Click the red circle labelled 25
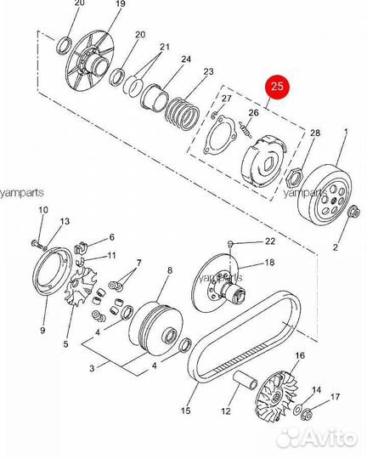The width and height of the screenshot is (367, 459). [x=277, y=86]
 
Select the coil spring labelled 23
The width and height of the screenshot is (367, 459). [x=183, y=114]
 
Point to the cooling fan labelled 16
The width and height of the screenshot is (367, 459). [x=277, y=397]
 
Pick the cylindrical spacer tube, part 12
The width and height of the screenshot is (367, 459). [x=245, y=380]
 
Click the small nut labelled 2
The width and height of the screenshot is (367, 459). [x=353, y=212]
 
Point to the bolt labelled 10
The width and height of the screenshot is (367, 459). [x=37, y=244]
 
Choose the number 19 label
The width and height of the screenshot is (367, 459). [x=120, y=4]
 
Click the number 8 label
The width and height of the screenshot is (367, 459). [x=170, y=270]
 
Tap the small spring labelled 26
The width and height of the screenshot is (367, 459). [x=246, y=130]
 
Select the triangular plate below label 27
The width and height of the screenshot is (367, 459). [x=219, y=134]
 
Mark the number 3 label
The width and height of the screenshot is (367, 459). [x=93, y=368]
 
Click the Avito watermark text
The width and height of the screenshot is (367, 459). [x=330, y=438]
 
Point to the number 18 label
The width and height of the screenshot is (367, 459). [x=269, y=263]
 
